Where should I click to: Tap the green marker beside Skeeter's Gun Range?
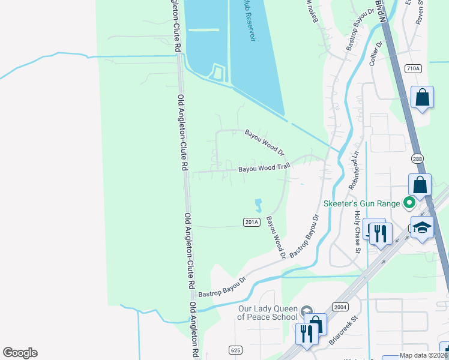(x=410, y=203)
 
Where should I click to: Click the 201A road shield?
(x=252, y=222)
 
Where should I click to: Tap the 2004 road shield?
(x=339, y=306)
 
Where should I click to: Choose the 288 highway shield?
(x=418, y=158)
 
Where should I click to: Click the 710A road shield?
(x=413, y=68)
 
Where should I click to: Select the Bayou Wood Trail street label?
(x=264, y=169)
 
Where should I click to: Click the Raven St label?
(x=420, y=12)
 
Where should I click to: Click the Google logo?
(x=20, y=353)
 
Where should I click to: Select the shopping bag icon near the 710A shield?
(x=422, y=97)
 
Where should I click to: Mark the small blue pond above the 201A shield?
(x=259, y=205)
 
